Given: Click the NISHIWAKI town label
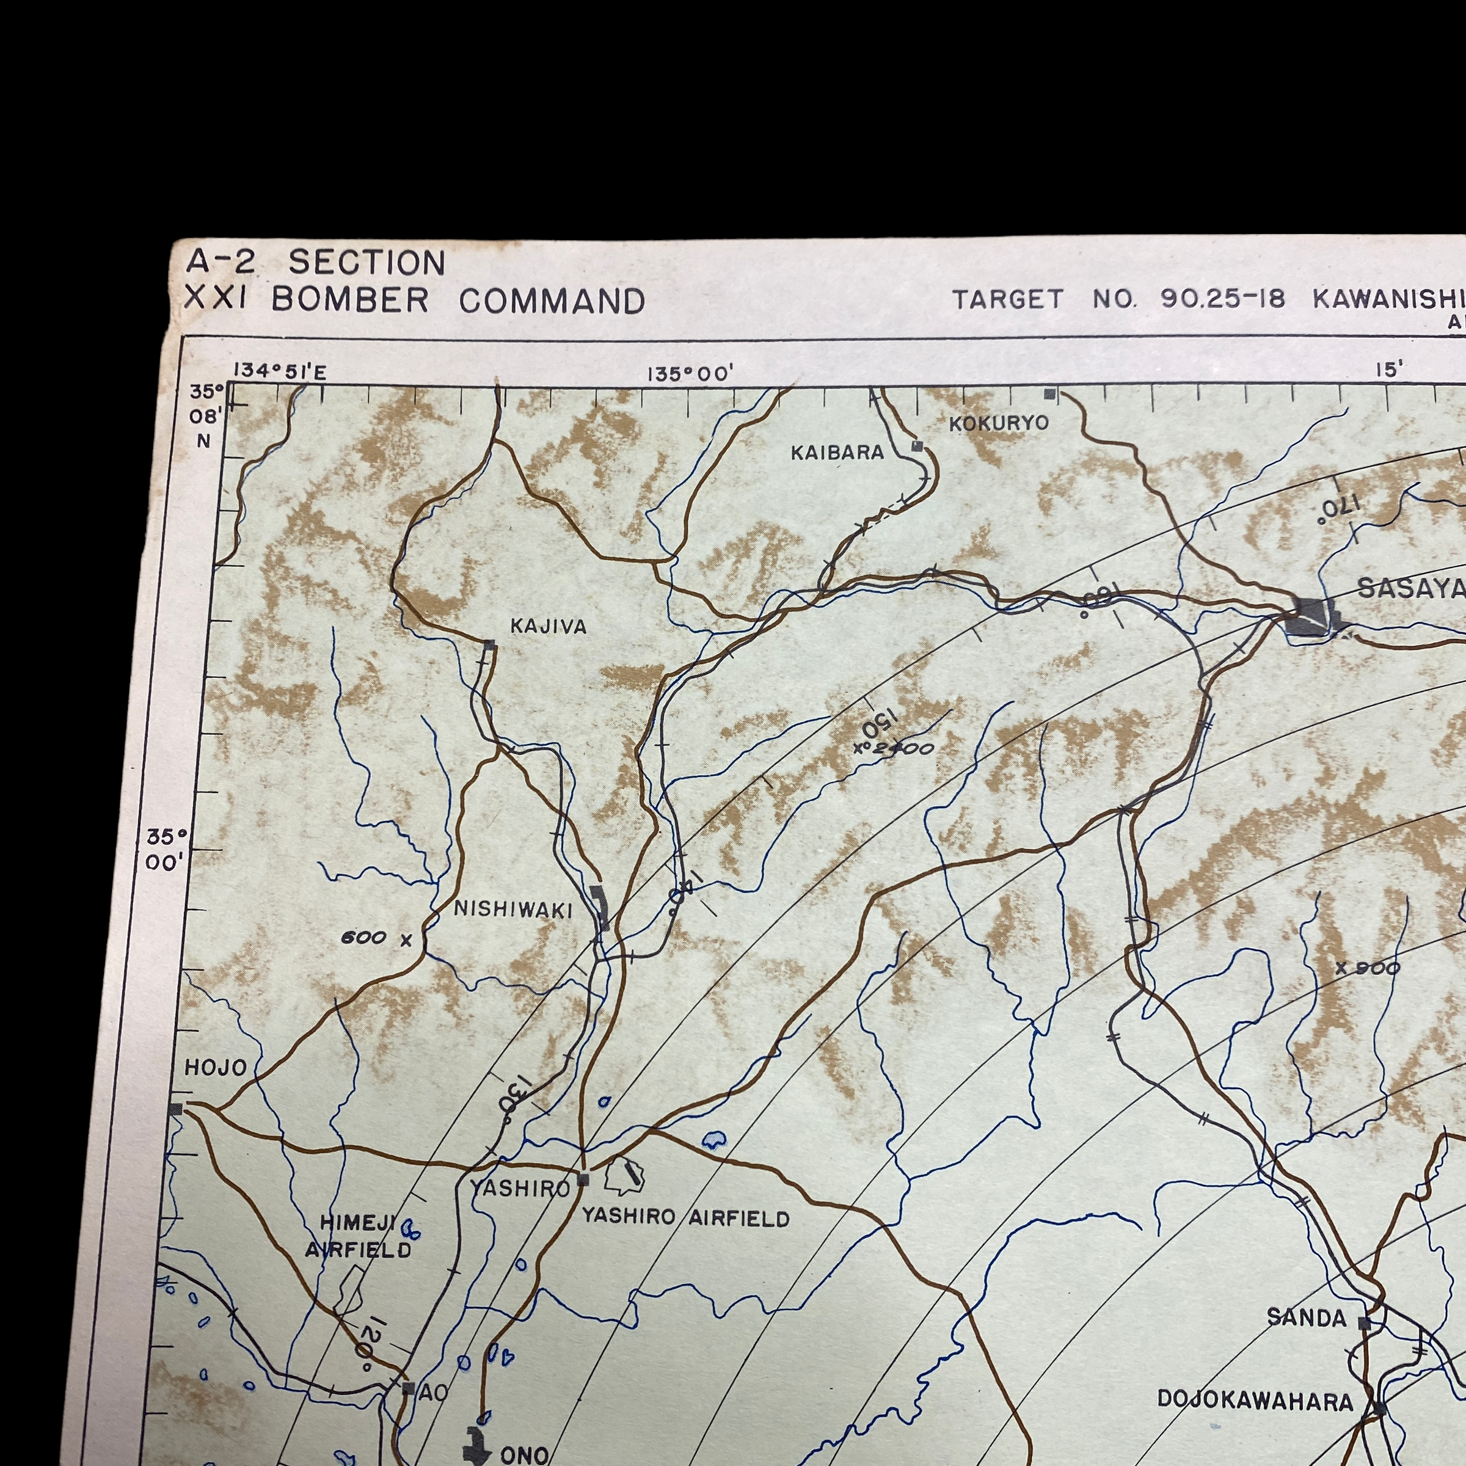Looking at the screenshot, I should (x=513, y=910).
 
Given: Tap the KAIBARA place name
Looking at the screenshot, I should (x=837, y=453).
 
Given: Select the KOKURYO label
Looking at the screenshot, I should (x=999, y=423).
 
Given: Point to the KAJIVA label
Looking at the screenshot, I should (x=549, y=627).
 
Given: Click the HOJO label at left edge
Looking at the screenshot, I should (x=216, y=1068).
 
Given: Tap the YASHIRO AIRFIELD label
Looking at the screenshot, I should (x=685, y=1219).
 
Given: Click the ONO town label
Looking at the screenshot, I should (x=524, y=1454).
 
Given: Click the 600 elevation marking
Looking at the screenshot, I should (x=365, y=938).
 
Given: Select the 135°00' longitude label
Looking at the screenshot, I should (x=690, y=374).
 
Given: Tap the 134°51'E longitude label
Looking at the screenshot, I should (x=279, y=371).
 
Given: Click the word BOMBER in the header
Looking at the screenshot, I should (x=351, y=301).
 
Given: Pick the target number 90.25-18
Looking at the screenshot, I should (x=1222, y=299).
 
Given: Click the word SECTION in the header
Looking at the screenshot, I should (x=366, y=263).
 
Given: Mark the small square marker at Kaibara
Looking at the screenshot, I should (x=917, y=446).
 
